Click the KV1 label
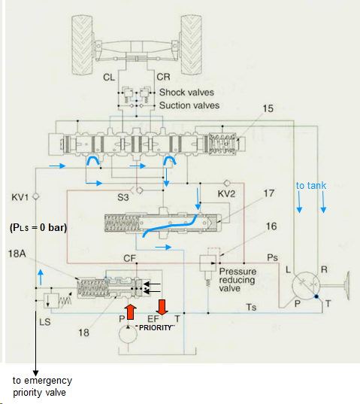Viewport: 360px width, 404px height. (x=20, y=197)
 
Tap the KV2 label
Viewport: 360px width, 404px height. (x=226, y=193)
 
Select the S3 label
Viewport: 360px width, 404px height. (x=123, y=197)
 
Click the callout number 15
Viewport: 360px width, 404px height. (x=268, y=108)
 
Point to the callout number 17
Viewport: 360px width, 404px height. (x=269, y=193)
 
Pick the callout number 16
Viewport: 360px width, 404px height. (x=271, y=226)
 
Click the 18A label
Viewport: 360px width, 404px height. (x=17, y=254)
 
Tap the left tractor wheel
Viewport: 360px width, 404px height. (x=82, y=44)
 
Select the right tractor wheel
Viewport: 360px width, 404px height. (x=191, y=44)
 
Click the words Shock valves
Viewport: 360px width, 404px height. (x=186, y=93)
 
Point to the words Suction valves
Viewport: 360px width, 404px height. (x=189, y=105)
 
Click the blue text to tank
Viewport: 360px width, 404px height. (x=311, y=186)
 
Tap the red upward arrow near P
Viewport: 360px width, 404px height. (x=131, y=311)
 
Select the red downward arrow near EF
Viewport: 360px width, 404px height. (x=162, y=307)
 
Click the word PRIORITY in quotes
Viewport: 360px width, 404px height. (x=155, y=328)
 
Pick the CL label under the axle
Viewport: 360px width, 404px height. (x=109, y=77)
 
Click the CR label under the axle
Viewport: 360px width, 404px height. (x=163, y=77)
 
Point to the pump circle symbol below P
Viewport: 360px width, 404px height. (x=129, y=335)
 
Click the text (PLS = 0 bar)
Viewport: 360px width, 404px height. (x=38, y=228)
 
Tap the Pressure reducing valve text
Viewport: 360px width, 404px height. (x=237, y=280)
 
